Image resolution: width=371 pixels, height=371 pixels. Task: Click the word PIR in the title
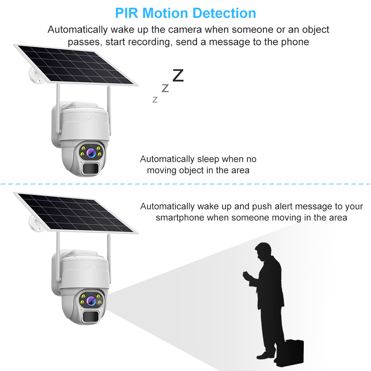tap(127, 13)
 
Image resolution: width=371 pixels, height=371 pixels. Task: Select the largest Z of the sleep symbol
tap(178, 75)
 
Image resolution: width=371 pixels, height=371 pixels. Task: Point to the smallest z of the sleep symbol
tap(155, 99)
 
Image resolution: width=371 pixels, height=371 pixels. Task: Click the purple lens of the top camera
tap(91, 153)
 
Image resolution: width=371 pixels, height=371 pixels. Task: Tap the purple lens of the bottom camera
tap(91, 301)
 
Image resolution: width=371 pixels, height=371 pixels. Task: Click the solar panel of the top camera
tap(76, 65)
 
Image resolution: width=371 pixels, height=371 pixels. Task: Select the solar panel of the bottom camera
tap(76, 213)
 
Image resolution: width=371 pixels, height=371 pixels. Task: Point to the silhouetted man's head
tap(263, 251)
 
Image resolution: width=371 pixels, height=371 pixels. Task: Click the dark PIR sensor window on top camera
tap(91, 168)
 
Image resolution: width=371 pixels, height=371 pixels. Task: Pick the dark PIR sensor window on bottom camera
tap(91, 316)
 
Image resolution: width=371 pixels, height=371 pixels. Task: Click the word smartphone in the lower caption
tap(180, 218)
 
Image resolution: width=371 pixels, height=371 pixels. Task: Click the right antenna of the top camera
tap(109, 110)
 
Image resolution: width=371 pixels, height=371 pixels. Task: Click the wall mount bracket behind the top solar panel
tap(36, 75)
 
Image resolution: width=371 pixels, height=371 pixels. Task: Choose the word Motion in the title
tap(165, 13)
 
